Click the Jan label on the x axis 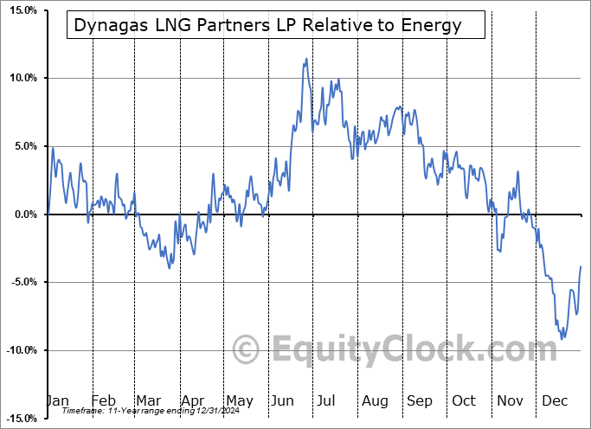coord(57,400)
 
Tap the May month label coord(239,400)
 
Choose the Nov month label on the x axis coord(510,400)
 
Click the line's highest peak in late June coord(306,59)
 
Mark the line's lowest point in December coord(562,338)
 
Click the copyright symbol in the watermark coord(246,350)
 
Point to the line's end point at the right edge coord(581,266)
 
